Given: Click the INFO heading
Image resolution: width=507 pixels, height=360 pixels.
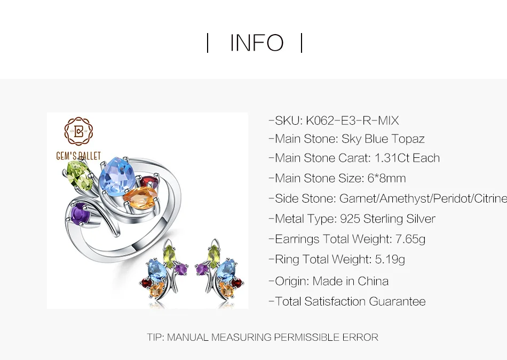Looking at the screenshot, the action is tap(257, 43).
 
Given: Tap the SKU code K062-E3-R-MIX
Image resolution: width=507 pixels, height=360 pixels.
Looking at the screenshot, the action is tap(352, 121).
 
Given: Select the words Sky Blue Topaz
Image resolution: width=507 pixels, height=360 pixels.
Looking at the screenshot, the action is tap(383, 139).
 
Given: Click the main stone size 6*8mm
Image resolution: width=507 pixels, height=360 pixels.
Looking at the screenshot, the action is tap(386, 178).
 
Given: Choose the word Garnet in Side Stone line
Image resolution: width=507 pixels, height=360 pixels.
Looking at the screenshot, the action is tap(358, 198).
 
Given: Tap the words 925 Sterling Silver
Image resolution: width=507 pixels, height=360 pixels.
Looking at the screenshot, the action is tap(387, 219).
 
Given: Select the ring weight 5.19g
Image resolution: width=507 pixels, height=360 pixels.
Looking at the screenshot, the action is tap(390, 260).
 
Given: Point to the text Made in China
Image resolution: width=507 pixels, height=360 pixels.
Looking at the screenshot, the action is tap(351, 281).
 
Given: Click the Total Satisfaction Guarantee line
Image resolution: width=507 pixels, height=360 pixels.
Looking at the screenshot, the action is tap(347, 301).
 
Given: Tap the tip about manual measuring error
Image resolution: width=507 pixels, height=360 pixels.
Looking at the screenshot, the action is tap(263, 338).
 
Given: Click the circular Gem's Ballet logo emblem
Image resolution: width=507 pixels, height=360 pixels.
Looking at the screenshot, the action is tap(78, 131).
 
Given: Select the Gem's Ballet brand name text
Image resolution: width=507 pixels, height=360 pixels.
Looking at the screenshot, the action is tap(78, 156).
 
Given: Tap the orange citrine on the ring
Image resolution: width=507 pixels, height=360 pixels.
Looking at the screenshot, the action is tap(140, 197).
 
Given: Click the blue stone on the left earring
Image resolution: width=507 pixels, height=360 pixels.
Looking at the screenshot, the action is tap(157, 270).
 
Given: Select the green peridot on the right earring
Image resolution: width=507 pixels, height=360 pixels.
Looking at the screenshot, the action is tap(213, 256).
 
